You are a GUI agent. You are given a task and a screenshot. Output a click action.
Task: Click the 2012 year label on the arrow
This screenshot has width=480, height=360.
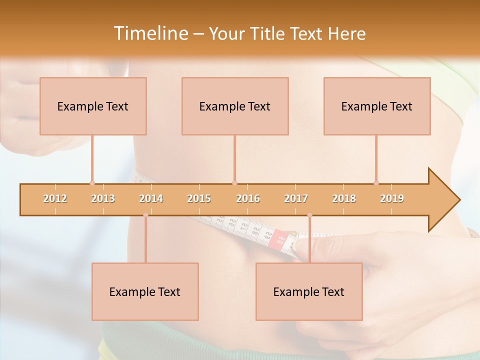(55, 198)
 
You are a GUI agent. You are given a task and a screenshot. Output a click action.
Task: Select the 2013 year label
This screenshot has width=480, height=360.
(103, 198)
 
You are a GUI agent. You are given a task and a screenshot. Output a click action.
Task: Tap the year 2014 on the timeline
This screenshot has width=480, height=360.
(151, 198)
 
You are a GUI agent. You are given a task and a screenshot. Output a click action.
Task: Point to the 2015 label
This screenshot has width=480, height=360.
(199, 198)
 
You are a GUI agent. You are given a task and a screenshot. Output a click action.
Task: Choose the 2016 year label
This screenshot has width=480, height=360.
(248, 198)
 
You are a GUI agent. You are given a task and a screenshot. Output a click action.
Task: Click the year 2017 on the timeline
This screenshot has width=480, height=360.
(296, 198)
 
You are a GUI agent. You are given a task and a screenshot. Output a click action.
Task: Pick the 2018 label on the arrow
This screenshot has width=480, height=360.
(344, 198)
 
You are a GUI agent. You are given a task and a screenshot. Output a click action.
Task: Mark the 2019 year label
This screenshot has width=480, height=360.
(392, 198)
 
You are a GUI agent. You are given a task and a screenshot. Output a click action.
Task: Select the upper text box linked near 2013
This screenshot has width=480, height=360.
(93, 106)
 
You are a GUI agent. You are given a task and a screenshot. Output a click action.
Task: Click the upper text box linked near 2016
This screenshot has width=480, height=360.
(235, 106)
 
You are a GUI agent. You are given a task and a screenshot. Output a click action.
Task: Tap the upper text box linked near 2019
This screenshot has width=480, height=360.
(377, 106)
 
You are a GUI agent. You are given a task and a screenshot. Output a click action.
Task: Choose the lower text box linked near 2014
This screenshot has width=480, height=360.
(145, 291)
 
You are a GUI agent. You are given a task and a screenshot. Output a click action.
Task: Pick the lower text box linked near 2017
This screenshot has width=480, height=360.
(309, 291)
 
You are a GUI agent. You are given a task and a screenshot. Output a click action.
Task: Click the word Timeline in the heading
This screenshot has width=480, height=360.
(150, 33)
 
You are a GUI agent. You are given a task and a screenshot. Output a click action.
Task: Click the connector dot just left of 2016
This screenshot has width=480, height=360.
(235, 183)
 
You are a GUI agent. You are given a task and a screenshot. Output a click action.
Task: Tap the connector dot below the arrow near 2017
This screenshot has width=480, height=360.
(309, 215)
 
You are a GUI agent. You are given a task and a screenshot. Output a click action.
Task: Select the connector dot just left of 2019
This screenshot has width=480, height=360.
(376, 183)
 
